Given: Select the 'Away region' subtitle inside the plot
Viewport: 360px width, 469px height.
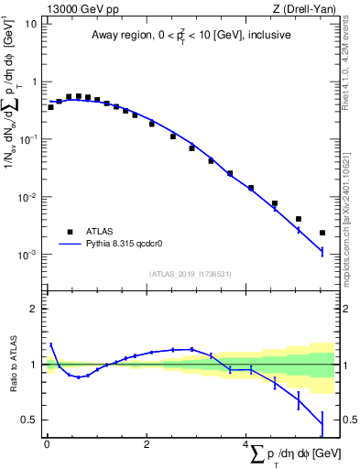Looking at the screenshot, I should [191, 36].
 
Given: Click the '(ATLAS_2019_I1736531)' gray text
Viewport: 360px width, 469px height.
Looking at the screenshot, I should [191, 274].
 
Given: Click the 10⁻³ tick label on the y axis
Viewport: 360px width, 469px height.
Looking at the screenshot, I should [27, 255].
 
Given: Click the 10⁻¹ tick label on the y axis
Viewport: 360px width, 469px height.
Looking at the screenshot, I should [27, 139].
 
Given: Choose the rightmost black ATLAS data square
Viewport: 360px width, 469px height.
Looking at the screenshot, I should [322, 233].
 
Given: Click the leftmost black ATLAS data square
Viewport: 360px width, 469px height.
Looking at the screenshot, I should [50, 107].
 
